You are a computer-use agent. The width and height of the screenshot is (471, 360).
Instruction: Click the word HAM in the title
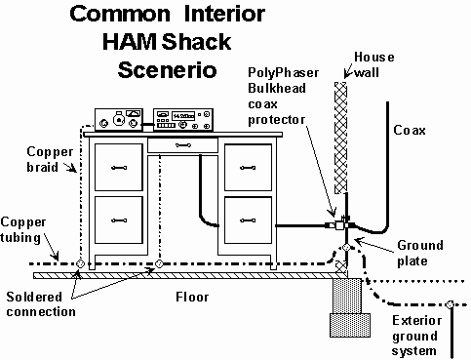coord(130,42)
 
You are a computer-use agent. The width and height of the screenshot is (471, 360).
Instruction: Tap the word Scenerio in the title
coord(167,70)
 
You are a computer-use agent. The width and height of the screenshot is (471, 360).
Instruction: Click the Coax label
coord(410,131)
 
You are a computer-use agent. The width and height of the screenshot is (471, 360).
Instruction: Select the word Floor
coord(192,297)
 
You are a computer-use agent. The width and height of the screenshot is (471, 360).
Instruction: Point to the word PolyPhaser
coord(284,73)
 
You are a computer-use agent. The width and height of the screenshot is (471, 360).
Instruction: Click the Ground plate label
coord(420,253)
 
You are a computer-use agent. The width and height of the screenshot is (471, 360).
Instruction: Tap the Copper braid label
coord(50,159)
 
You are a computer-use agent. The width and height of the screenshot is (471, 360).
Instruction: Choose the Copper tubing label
coord(23,229)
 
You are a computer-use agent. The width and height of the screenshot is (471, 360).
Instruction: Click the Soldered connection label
coord(41,304)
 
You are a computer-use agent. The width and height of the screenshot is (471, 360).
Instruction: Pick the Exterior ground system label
coord(416,336)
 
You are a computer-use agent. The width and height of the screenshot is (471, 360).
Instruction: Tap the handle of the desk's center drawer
coord(183,145)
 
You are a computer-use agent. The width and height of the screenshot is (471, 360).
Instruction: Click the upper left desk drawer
coord(119,168)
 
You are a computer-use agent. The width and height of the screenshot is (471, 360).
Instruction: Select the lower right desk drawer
coord(248,220)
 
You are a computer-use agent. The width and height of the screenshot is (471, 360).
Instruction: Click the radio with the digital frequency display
coord(183,120)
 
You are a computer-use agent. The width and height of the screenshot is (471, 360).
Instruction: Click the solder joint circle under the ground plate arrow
coord(346,248)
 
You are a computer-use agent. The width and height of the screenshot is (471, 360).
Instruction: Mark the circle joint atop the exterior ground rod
coord(451,304)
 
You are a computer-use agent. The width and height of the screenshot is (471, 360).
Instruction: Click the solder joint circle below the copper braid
coord(80,263)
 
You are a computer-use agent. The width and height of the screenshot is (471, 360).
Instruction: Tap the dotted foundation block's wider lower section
coord(350,325)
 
